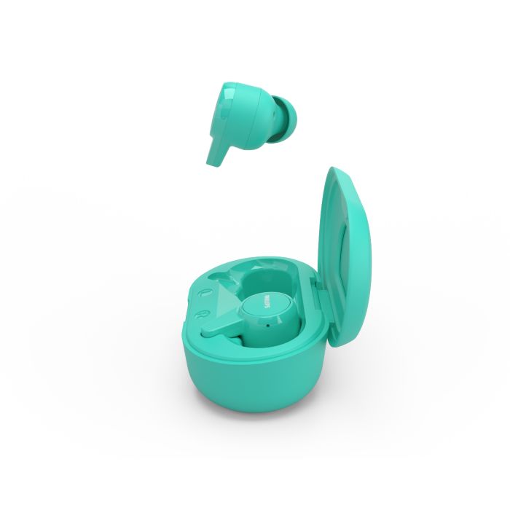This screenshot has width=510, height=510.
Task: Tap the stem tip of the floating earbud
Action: coord(211,162)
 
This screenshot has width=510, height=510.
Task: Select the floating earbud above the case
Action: coord(251,125)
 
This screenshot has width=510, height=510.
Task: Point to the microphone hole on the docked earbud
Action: coord(267,325)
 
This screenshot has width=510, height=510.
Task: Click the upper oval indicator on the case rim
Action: coord(205,293)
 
